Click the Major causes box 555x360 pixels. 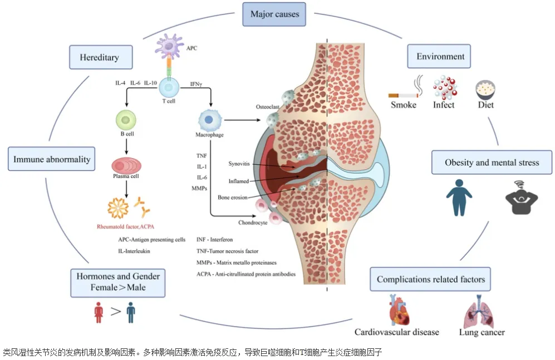274,14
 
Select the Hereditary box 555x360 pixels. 99,57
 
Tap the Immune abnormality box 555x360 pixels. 51,159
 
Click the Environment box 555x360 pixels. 440,57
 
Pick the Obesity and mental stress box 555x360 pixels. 492,163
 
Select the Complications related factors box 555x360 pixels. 430,279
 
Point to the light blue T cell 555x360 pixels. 169,87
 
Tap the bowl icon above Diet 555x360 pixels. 485,88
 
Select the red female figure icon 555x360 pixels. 99,312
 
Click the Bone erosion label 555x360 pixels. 233,197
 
